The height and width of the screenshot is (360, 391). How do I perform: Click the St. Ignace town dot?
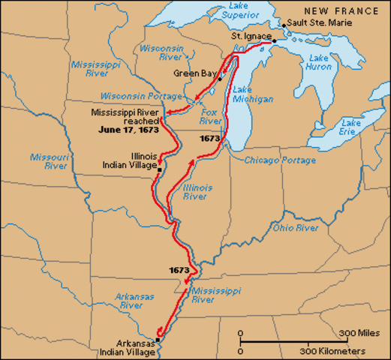(x=275, y=40)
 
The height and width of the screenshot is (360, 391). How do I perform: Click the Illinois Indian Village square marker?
(x=159, y=170)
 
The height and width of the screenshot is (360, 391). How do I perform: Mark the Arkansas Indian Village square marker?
(x=158, y=339)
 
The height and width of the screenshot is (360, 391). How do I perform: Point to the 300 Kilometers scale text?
(x=332, y=350)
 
